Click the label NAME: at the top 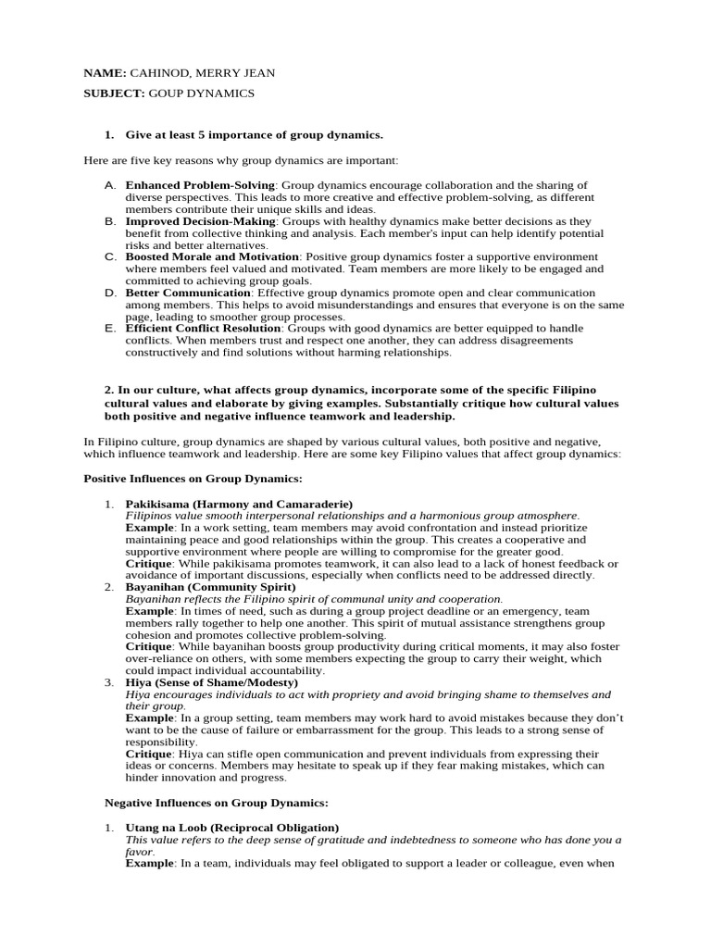coord(105,73)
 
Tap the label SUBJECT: coord(114,94)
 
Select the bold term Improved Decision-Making coord(200,221)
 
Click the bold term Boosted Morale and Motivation coord(212,256)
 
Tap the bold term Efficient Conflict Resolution coord(203,328)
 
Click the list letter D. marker coord(110,293)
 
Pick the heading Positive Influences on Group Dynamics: coord(193,479)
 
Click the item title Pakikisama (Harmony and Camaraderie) coord(239,504)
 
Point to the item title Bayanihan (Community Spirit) coord(210,587)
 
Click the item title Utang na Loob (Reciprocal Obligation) coord(231,827)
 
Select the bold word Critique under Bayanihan coord(148,646)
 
